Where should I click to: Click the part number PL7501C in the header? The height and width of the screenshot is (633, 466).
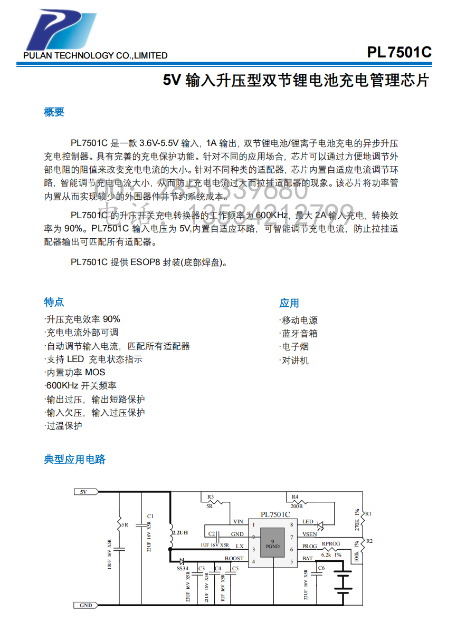coord(399,53)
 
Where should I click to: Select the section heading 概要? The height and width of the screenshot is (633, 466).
coord(54,112)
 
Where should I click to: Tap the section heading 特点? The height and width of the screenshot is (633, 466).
coord(54,302)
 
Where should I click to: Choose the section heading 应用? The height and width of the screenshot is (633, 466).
coord(289,303)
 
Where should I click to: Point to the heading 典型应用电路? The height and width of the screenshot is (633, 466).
coord(75,459)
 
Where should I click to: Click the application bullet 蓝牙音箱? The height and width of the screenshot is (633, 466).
coord(299,334)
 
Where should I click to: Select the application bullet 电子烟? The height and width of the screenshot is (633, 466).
coord(295,347)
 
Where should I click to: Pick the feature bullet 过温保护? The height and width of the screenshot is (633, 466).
coord(64,426)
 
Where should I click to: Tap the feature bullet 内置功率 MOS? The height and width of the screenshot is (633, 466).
coord(75,372)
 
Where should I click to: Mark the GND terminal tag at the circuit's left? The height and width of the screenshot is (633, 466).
coord(85,606)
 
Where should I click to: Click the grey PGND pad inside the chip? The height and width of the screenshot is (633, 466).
coord(272,544)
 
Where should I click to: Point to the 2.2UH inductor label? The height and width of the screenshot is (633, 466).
coord(180,533)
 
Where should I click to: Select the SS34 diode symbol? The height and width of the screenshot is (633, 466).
coord(181,561)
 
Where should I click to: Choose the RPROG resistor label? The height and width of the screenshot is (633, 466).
coord(331,543)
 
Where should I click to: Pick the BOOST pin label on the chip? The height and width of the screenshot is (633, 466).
coord(234,559)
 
